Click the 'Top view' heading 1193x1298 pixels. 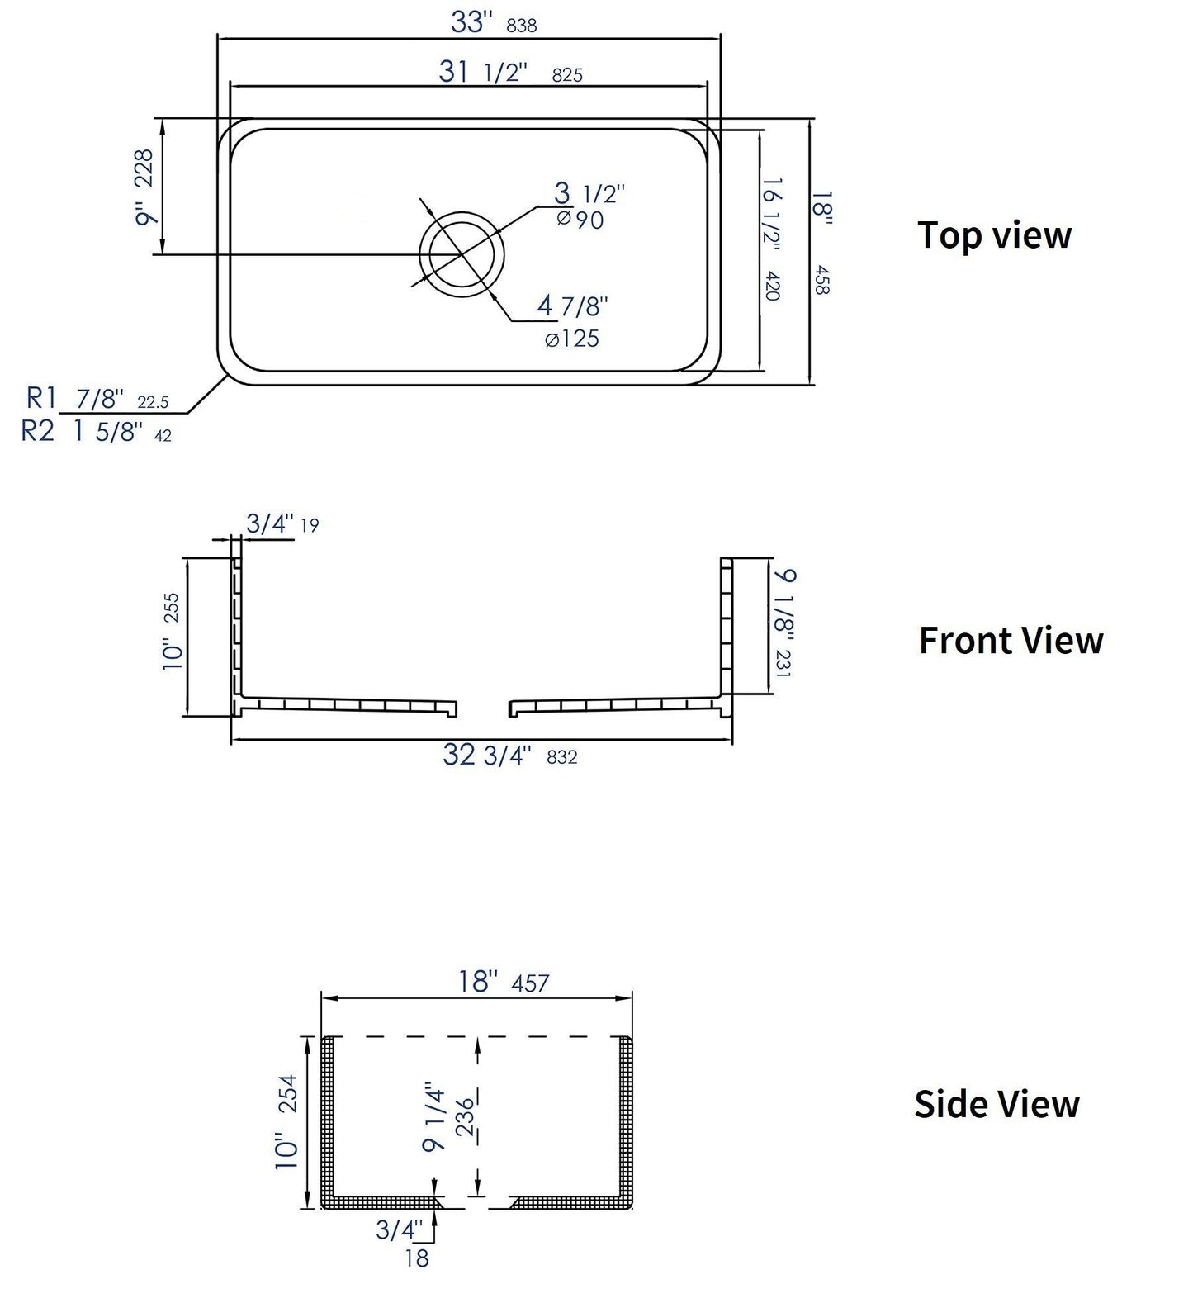coord(994,235)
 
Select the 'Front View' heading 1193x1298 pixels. coord(1011,641)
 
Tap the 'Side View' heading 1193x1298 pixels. coord(997,1104)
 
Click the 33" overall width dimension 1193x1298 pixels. coord(471,22)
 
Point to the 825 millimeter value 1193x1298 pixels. coord(566,75)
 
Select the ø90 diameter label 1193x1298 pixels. coord(580,220)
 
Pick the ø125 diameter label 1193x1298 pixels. coord(571,339)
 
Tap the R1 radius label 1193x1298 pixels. coord(40,399)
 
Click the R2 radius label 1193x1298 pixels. coord(37,431)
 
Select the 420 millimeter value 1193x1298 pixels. coord(773,285)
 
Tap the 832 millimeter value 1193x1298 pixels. coord(561,756)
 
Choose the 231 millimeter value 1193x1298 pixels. coord(783,663)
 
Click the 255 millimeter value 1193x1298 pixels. coord(171,609)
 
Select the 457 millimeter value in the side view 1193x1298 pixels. coord(530,983)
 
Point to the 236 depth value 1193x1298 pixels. coord(466,1116)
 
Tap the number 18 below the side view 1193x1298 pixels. coord(418,1259)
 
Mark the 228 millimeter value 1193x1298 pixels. coord(144,167)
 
